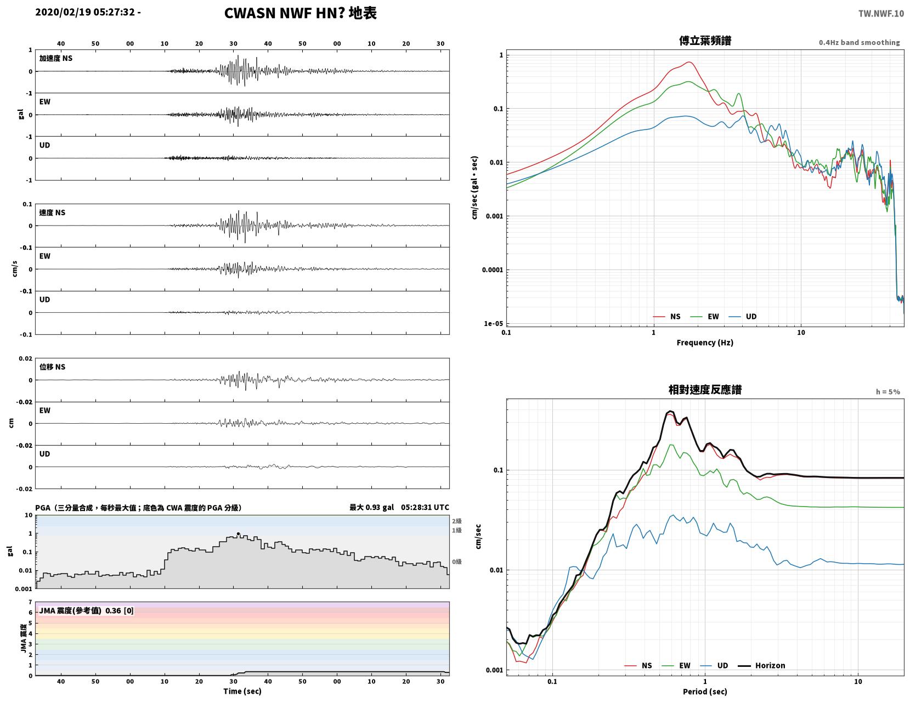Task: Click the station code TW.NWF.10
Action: coord(881,14)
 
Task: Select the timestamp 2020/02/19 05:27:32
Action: coord(85,12)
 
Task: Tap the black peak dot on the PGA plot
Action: coord(238,533)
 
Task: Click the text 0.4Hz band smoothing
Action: coord(859,42)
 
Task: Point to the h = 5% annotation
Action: coord(888,392)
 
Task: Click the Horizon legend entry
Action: coord(761,665)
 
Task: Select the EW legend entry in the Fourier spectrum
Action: coord(704,316)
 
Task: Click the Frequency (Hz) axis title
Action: coord(704,342)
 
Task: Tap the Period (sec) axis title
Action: coord(704,691)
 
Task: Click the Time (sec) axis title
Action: coord(242,690)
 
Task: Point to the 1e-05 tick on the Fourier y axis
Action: coord(493,323)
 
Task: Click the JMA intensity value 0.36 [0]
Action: coord(120,610)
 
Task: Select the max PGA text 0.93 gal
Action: coord(380,507)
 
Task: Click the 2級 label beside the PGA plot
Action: coord(456,521)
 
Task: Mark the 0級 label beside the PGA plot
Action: coord(456,561)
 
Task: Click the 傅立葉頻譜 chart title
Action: coord(705,41)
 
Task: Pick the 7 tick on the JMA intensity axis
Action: coord(30,602)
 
